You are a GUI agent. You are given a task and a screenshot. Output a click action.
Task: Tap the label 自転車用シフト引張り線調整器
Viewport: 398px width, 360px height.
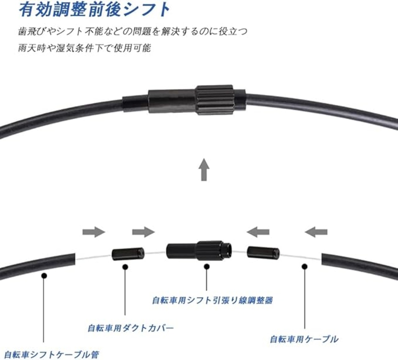point(212,300)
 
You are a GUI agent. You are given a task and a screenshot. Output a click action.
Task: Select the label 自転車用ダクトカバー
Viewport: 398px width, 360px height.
point(131,328)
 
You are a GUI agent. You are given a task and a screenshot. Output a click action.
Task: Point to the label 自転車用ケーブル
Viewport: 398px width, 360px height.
point(304,339)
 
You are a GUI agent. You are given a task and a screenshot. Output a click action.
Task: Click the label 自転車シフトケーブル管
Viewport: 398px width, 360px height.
point(52,354)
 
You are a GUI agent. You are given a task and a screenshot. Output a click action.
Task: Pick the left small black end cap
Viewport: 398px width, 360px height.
point(127,254)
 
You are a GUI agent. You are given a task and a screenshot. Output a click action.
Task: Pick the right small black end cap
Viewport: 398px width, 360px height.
point(263,252)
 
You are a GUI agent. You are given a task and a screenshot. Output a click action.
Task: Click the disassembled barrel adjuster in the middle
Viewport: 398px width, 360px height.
point(199,250)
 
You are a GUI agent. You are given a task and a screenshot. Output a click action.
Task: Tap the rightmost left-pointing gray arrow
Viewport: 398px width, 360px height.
point(316,232)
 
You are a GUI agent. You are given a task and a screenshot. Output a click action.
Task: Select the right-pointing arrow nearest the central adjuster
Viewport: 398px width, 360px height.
point(143,232)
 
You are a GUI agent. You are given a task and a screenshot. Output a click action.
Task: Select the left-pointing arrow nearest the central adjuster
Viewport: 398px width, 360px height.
point(258,232)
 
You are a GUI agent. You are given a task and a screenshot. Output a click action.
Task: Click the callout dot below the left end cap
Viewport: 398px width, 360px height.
point(125,267)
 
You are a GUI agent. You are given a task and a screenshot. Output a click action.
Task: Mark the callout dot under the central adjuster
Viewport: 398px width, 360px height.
point(206,267)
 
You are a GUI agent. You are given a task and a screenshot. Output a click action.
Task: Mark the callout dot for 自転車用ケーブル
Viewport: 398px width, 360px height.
point(304,267)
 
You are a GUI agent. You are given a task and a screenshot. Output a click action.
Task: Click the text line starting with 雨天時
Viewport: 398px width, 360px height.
point(84,48)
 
